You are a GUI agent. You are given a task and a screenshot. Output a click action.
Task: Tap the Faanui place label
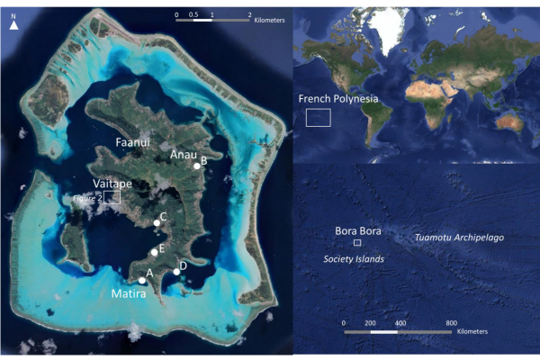131,142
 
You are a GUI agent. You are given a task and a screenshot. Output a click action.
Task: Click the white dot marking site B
197,166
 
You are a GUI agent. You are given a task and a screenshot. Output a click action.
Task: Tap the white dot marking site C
157,220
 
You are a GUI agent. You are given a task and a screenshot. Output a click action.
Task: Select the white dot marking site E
155,252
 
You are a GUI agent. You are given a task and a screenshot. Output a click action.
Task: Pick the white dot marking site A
142,280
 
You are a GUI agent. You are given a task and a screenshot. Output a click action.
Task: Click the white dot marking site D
176,272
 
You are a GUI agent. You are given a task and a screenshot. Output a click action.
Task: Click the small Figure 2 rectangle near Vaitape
112,197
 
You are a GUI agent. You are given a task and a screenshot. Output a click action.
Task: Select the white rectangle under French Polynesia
319,117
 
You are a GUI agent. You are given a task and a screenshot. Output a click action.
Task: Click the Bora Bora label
358,230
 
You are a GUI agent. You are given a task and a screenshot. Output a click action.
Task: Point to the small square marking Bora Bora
357,243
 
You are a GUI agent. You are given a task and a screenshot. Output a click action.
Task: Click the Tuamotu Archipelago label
458,238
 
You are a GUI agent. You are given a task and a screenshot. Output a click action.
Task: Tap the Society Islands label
354,258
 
